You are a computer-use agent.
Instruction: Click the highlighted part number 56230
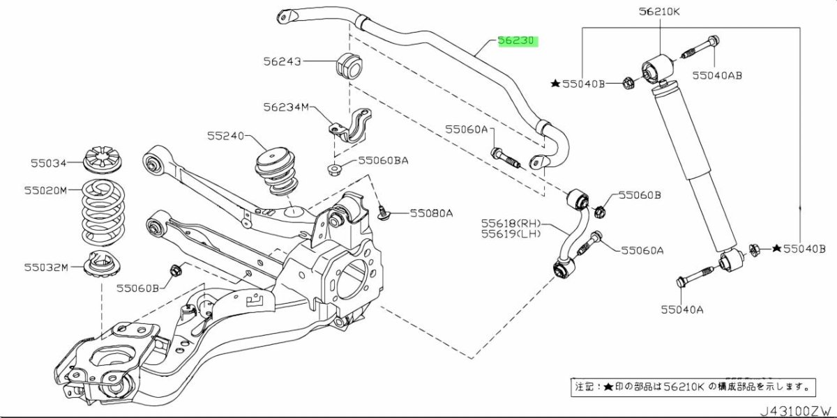(x=516, y=41)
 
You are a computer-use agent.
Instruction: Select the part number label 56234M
(x=285, y=107)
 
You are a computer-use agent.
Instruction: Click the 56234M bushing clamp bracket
(x=350, y=129)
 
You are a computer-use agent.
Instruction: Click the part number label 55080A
(x=431, y=213)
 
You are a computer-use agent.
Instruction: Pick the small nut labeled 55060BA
(x=335, y=169)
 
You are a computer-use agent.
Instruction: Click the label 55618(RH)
(x=510, y=223)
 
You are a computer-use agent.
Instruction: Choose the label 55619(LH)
(x=510, y=234)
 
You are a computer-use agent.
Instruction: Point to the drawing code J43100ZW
(x=795, y=410)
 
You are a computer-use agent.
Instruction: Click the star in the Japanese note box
(x=609, y=386)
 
